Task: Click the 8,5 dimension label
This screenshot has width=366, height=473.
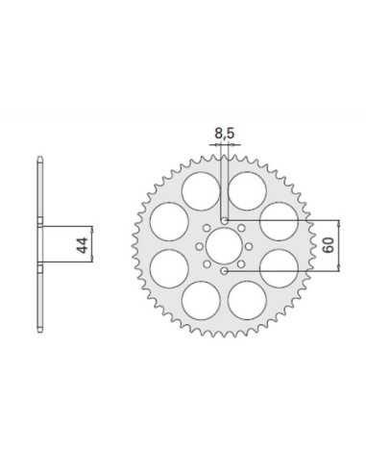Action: pos(224,134)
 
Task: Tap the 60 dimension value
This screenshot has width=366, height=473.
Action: pos(329,245)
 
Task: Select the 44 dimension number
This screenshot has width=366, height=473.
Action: pos(83,245)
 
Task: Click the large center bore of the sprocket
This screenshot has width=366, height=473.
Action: pos(224,246)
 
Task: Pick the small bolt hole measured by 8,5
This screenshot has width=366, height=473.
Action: pos(224,221)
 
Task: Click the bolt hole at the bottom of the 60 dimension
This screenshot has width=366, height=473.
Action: pos(224,271)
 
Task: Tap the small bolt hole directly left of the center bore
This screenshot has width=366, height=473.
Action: pos(199,246)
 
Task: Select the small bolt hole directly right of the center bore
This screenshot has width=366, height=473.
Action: pos(249,246)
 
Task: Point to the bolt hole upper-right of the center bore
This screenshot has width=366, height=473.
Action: pos(241,228)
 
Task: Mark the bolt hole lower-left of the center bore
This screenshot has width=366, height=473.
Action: pos(207,264)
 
